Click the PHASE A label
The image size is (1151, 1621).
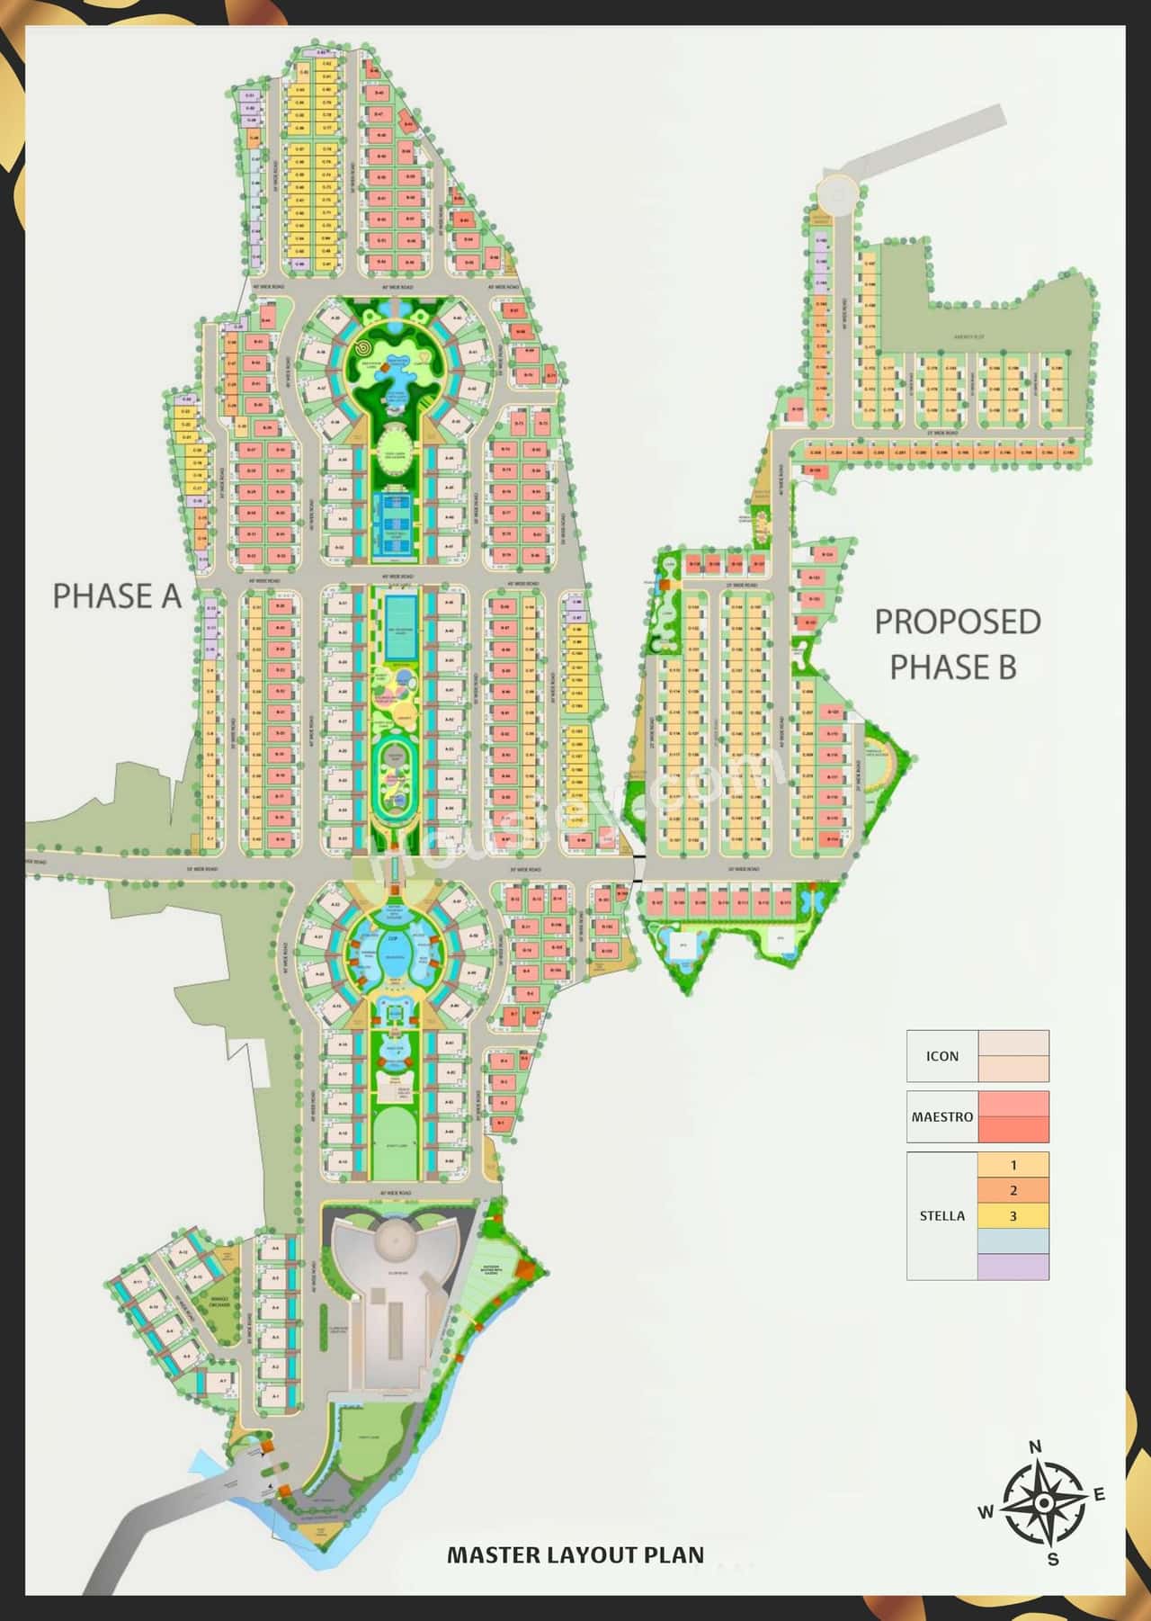coord(117,596)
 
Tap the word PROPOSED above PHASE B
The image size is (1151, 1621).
coord(958,622)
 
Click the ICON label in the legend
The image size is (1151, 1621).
coord(942,1056)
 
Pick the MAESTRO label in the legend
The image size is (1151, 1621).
coord(942,1116)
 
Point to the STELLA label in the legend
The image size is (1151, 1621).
coord(942,1215)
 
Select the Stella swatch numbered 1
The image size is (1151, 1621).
coord(1013,1165)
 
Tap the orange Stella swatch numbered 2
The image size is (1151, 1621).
coord(1013,1190)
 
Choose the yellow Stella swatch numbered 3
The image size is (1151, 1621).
coord(1013,1216)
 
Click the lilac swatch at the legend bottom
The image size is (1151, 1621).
coord(1013,1267)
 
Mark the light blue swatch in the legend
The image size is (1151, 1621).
coord(1013,1241)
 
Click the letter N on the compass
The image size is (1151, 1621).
coord(1035,1447)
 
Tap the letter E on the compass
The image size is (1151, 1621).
coord(1098,1495)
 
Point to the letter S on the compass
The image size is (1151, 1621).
coord(1053,1560)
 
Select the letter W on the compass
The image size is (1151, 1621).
coord(986,1513)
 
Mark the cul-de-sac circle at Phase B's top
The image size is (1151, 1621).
coord(837,193)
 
